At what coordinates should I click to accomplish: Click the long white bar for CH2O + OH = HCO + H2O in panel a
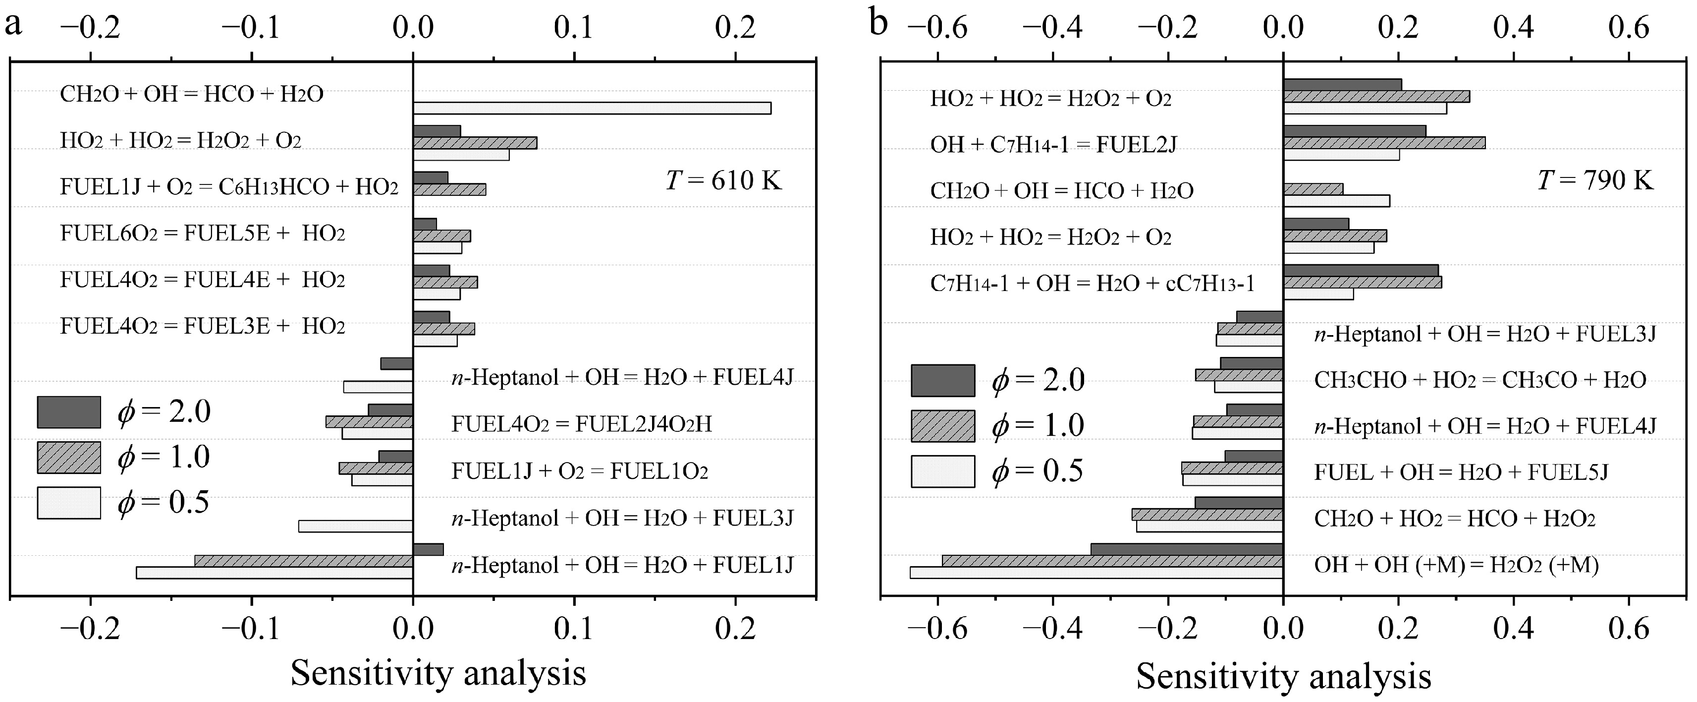(592, 108)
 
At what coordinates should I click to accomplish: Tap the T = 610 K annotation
(723, 179)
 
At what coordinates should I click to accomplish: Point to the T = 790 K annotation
(1595, 179)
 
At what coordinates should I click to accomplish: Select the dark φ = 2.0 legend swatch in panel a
(69, 412)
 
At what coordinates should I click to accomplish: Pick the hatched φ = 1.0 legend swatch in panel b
(943, 426)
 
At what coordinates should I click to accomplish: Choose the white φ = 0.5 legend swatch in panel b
(943, 471)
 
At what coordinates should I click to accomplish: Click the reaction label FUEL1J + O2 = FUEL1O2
(580, 471)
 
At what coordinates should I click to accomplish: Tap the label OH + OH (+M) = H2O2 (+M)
(1456, 565)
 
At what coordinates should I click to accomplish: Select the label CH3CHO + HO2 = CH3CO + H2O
(1479, 380)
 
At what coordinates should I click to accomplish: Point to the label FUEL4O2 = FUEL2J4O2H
(582, 424)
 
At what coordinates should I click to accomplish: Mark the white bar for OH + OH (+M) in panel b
(1096, 573)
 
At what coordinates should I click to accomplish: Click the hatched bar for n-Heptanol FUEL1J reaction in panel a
(304, 561)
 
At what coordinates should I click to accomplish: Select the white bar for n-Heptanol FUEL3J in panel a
(356, 526)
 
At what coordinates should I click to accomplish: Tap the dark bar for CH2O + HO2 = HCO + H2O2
(1239, 503)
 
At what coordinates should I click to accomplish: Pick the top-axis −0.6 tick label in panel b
(937, 28)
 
